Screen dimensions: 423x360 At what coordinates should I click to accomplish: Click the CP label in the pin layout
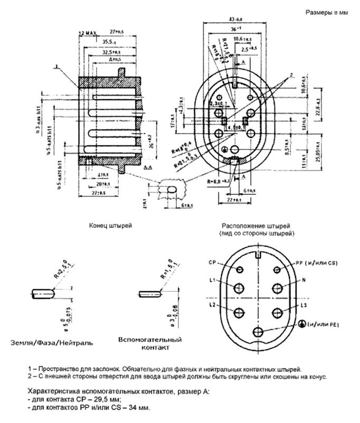[x=211, y=262]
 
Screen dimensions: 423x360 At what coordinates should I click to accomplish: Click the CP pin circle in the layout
[x=240, y=270]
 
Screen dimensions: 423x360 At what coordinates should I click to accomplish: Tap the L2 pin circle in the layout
[x=239, y=312]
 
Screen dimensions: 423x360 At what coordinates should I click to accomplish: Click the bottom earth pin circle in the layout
[x=258, y=332]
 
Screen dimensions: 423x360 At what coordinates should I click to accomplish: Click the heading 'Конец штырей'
[x=111, y=225]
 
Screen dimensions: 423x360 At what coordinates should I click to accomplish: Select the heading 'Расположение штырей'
[x=258, y=225]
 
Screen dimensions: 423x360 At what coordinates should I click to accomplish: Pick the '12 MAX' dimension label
[x=88, y=33]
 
